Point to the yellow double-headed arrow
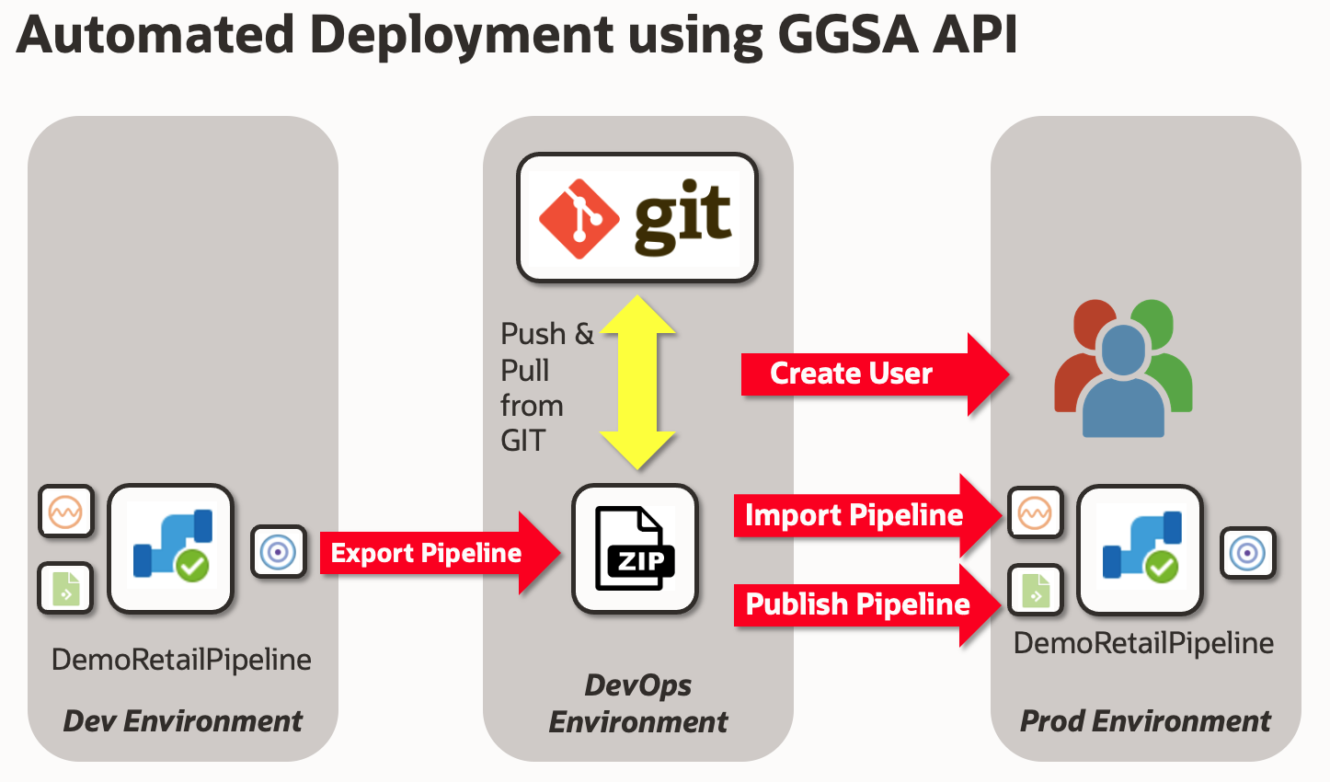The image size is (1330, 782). point(637,383)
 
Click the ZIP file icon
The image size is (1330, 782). point(635,549)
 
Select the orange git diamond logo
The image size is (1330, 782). point(579,219)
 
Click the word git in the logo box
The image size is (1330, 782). point(682,219)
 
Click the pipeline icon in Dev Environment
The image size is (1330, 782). point(171,548)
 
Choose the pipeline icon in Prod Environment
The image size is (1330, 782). point(1141,550)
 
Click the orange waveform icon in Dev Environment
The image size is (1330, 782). point(66,511)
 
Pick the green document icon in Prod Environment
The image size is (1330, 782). point(1036,590)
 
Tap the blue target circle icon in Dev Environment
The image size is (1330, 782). point(278,552)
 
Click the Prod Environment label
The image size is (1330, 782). point(1145,721)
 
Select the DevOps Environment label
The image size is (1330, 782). point(638,704)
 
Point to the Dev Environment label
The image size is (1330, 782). point(182,721)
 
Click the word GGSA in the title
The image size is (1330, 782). point(847,35)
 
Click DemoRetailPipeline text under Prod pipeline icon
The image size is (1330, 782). point(1143,643)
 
